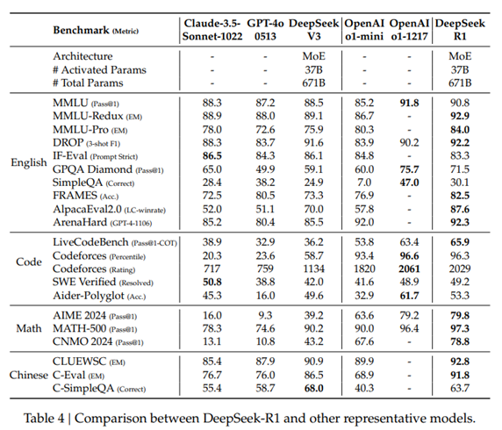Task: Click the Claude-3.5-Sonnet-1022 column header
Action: (212, 30)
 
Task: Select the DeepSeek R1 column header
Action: (460, 30)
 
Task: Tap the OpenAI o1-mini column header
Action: (364, 30)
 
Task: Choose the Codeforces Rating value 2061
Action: (409, 269)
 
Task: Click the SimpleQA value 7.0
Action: (364, 183)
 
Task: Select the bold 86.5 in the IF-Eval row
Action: (212, 156)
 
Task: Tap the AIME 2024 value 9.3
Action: (265, 315)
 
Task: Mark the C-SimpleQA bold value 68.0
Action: (314, 389)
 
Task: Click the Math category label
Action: (29, 328)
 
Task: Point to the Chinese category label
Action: (29, 375)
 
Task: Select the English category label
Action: (29, 162)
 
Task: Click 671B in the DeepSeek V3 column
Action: (314, 83)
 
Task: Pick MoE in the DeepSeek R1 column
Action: (460, 56)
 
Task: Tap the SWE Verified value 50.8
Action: (212, 282)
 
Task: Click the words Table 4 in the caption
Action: (44, 419)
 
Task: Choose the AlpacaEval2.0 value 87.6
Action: (460, 210)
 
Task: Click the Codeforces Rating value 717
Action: (212, 269)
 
